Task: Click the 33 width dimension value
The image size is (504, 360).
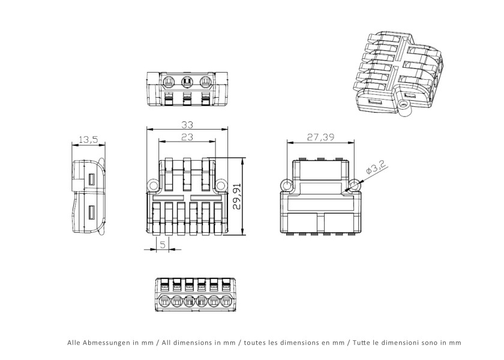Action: pos(187,124)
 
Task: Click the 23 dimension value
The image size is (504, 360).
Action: pos(187,137)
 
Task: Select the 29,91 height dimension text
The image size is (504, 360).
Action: pos(237,196)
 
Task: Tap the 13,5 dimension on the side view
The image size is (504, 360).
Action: pos(88,140)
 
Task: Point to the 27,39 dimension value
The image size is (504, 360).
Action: pos(320,137)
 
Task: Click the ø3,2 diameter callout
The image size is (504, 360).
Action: pos(376,169)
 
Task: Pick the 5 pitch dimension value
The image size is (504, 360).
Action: pos(163,245)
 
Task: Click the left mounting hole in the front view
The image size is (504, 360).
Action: pos(153,185)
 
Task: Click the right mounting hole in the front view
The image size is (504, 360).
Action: pos(221,185)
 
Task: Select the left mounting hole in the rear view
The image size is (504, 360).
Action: pos(286,185)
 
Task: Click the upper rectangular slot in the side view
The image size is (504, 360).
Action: pos(92,179)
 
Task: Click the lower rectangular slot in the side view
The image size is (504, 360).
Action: pos(92,213)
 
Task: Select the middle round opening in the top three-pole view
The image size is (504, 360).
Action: pos(187,82)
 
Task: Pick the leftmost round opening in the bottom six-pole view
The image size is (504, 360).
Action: pos(164,302)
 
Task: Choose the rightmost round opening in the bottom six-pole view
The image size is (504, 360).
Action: pos(227,302)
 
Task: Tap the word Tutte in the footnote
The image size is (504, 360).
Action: pos(360,343)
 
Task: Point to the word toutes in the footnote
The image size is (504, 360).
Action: pos(254,343)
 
